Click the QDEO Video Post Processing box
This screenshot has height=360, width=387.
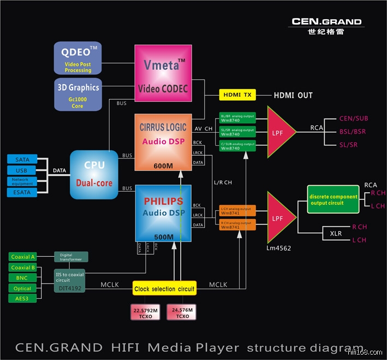(78, 58)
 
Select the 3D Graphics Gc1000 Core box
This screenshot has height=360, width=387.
(78, 94)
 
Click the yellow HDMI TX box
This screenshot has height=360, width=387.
(237, 95)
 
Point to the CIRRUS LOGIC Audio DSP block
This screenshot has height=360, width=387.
(163, 143)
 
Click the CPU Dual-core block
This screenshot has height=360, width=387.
(94, 174)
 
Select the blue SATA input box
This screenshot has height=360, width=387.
(22, 159)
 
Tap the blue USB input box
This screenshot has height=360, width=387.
(22, 170)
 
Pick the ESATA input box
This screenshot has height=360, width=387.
(22, 192)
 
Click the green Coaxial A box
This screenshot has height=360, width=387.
(23, 257)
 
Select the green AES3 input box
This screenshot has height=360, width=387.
(23, 298)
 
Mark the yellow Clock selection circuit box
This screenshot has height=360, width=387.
(163, 288)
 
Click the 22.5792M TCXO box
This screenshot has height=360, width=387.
(145, 312)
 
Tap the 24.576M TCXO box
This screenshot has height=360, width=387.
(182, 312)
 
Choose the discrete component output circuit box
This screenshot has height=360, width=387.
(333, 199)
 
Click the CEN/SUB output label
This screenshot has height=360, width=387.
(354, 118)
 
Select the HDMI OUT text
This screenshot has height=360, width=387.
(293, 95)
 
